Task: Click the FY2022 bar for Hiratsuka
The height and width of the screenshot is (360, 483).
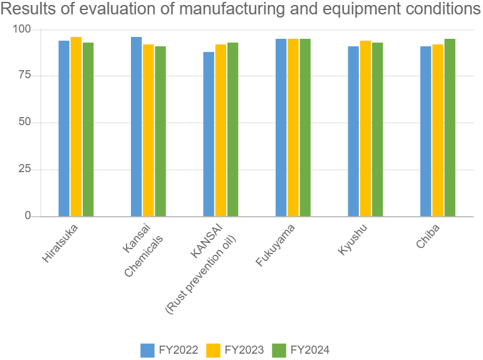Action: [64, 128]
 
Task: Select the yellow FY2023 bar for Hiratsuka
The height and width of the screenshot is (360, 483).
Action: [76, 126]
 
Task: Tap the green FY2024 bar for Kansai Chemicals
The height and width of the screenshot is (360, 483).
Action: [160, 131]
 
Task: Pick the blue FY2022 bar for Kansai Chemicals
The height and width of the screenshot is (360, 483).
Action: [137, 126]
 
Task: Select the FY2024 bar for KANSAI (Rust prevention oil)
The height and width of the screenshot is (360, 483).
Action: [232, 129]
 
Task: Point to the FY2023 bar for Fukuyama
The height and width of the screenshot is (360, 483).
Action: [293, 127]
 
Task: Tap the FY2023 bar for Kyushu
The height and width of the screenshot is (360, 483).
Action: [365, 128]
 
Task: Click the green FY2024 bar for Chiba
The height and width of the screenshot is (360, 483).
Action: [450, 127]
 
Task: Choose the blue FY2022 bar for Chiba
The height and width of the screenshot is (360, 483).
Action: [425, 131]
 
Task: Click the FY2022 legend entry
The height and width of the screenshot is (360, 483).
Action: [169, 350]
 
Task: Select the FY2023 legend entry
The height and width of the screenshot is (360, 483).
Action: [235, 350]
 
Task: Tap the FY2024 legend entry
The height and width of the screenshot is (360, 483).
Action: [301, 350]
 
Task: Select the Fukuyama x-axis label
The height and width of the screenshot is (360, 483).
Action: [276, 244]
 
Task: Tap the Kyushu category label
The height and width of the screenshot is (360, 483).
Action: [352, 239]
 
